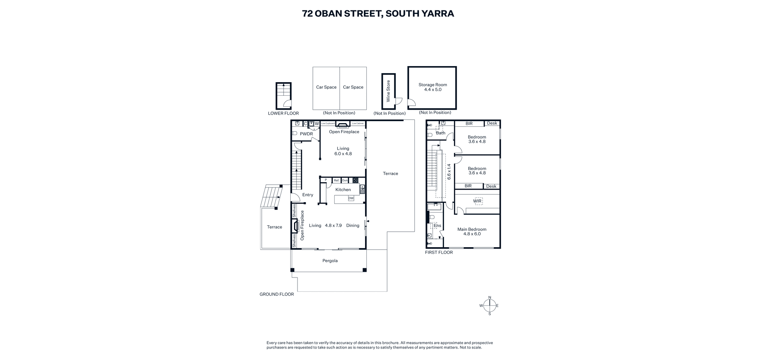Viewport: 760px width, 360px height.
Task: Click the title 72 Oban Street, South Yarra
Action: pos(378,14)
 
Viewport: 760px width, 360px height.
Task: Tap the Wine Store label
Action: pos(388,91)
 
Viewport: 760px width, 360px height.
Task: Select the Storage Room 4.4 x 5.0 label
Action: pos(433,87)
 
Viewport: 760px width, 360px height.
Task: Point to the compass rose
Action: pos(490,306)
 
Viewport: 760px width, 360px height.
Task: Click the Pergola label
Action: pos(330,261)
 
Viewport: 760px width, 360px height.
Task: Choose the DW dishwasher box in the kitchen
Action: pos(351,198)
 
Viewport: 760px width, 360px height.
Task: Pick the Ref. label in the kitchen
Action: pos(337,180)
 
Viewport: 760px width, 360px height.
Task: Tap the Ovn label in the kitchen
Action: pos(345,180)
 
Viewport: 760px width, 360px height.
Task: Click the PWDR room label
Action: pos(306,134)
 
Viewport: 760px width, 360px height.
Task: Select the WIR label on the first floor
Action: pos(477,201)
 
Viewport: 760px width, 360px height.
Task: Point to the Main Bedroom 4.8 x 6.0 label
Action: pos(472,232)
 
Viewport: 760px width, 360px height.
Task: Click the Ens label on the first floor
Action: pos(437,226)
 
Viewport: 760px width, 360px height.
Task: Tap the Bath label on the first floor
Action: pos(441,133)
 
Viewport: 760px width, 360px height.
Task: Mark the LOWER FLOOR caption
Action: pos(284,114)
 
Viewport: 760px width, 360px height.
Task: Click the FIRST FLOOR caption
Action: pos(439,252)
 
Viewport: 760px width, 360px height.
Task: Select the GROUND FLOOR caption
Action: pos(277,294)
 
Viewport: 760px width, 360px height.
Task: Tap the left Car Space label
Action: pos(326,87)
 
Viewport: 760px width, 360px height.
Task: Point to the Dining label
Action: pos(353,225)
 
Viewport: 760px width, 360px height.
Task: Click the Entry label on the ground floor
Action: pos(308,195)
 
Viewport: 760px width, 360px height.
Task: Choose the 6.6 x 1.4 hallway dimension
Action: pos(449,172)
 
